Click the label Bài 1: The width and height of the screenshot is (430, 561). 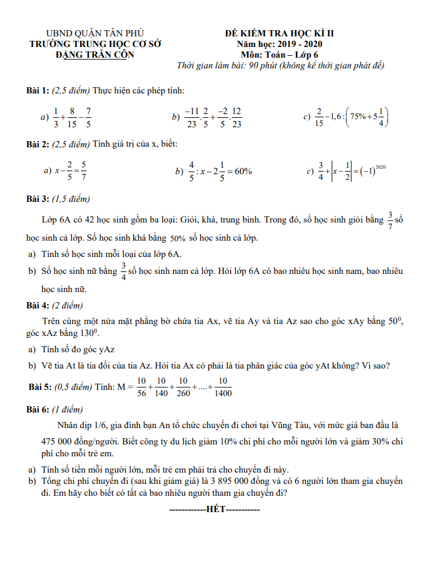(37, 91)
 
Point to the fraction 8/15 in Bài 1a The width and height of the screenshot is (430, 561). (72, 117)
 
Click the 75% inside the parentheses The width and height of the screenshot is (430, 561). (361, 117)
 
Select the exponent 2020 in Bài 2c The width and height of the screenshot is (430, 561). (381, 167)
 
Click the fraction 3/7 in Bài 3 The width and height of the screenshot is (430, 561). (391, 221)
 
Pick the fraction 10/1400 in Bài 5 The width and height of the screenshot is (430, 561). (223, 387)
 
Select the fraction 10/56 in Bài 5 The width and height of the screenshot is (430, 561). (141, 387)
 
